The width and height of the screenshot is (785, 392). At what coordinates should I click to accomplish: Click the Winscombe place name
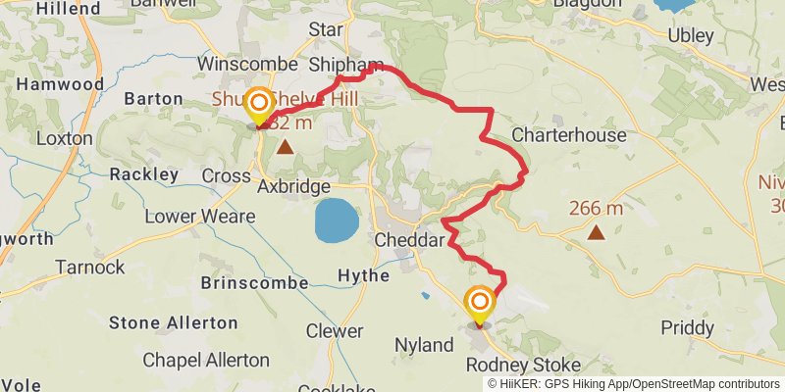(x=247, y=64)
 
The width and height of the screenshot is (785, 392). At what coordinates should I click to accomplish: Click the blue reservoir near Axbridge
(x=336, y=222)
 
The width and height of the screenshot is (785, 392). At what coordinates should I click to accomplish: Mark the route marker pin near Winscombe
(x=259, y=104)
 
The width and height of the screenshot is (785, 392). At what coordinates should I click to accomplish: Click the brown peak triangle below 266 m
(x=596, y=231)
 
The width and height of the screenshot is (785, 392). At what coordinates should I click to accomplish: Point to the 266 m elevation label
(x=596, y=208)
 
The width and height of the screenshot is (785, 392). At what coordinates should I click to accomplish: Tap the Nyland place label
(x=424, y=345)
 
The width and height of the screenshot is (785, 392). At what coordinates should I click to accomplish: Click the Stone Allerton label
(x=166, y=322)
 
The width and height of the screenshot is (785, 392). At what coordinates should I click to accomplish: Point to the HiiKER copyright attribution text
(x=634, y=384)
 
